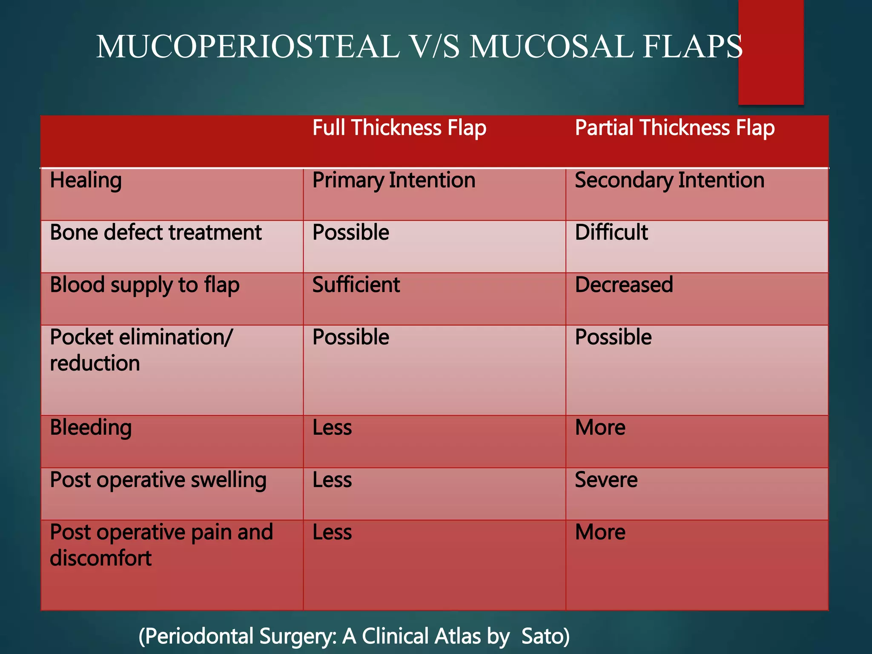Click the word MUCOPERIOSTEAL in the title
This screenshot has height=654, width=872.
(x=248, y=46)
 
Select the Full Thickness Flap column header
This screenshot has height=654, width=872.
(x=399, y=128)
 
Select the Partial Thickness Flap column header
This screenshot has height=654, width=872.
(x=674, y=128)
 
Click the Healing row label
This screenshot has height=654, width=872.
(x=86, y=181)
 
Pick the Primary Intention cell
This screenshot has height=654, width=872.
(x=393, y=181)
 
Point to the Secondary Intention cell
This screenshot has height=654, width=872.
(x=669, y=181)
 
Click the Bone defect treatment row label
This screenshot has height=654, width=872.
(x=155, y=232)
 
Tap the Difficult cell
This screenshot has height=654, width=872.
(x=611, y=232)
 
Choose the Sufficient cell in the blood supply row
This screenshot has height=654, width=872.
(x=356, y=285)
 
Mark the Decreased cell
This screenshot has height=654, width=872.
(x=624, y=285)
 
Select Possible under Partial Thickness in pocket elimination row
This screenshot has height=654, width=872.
(x=613, y=337)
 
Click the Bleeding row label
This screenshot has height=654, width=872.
(x=91, y=427)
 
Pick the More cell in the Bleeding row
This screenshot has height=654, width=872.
(x=600, y=427)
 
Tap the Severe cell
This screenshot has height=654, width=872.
(x=606, y=480)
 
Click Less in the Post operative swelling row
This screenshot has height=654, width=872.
(x=332, y=480)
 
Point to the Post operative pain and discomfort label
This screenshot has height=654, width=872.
(x=161, y=545)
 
